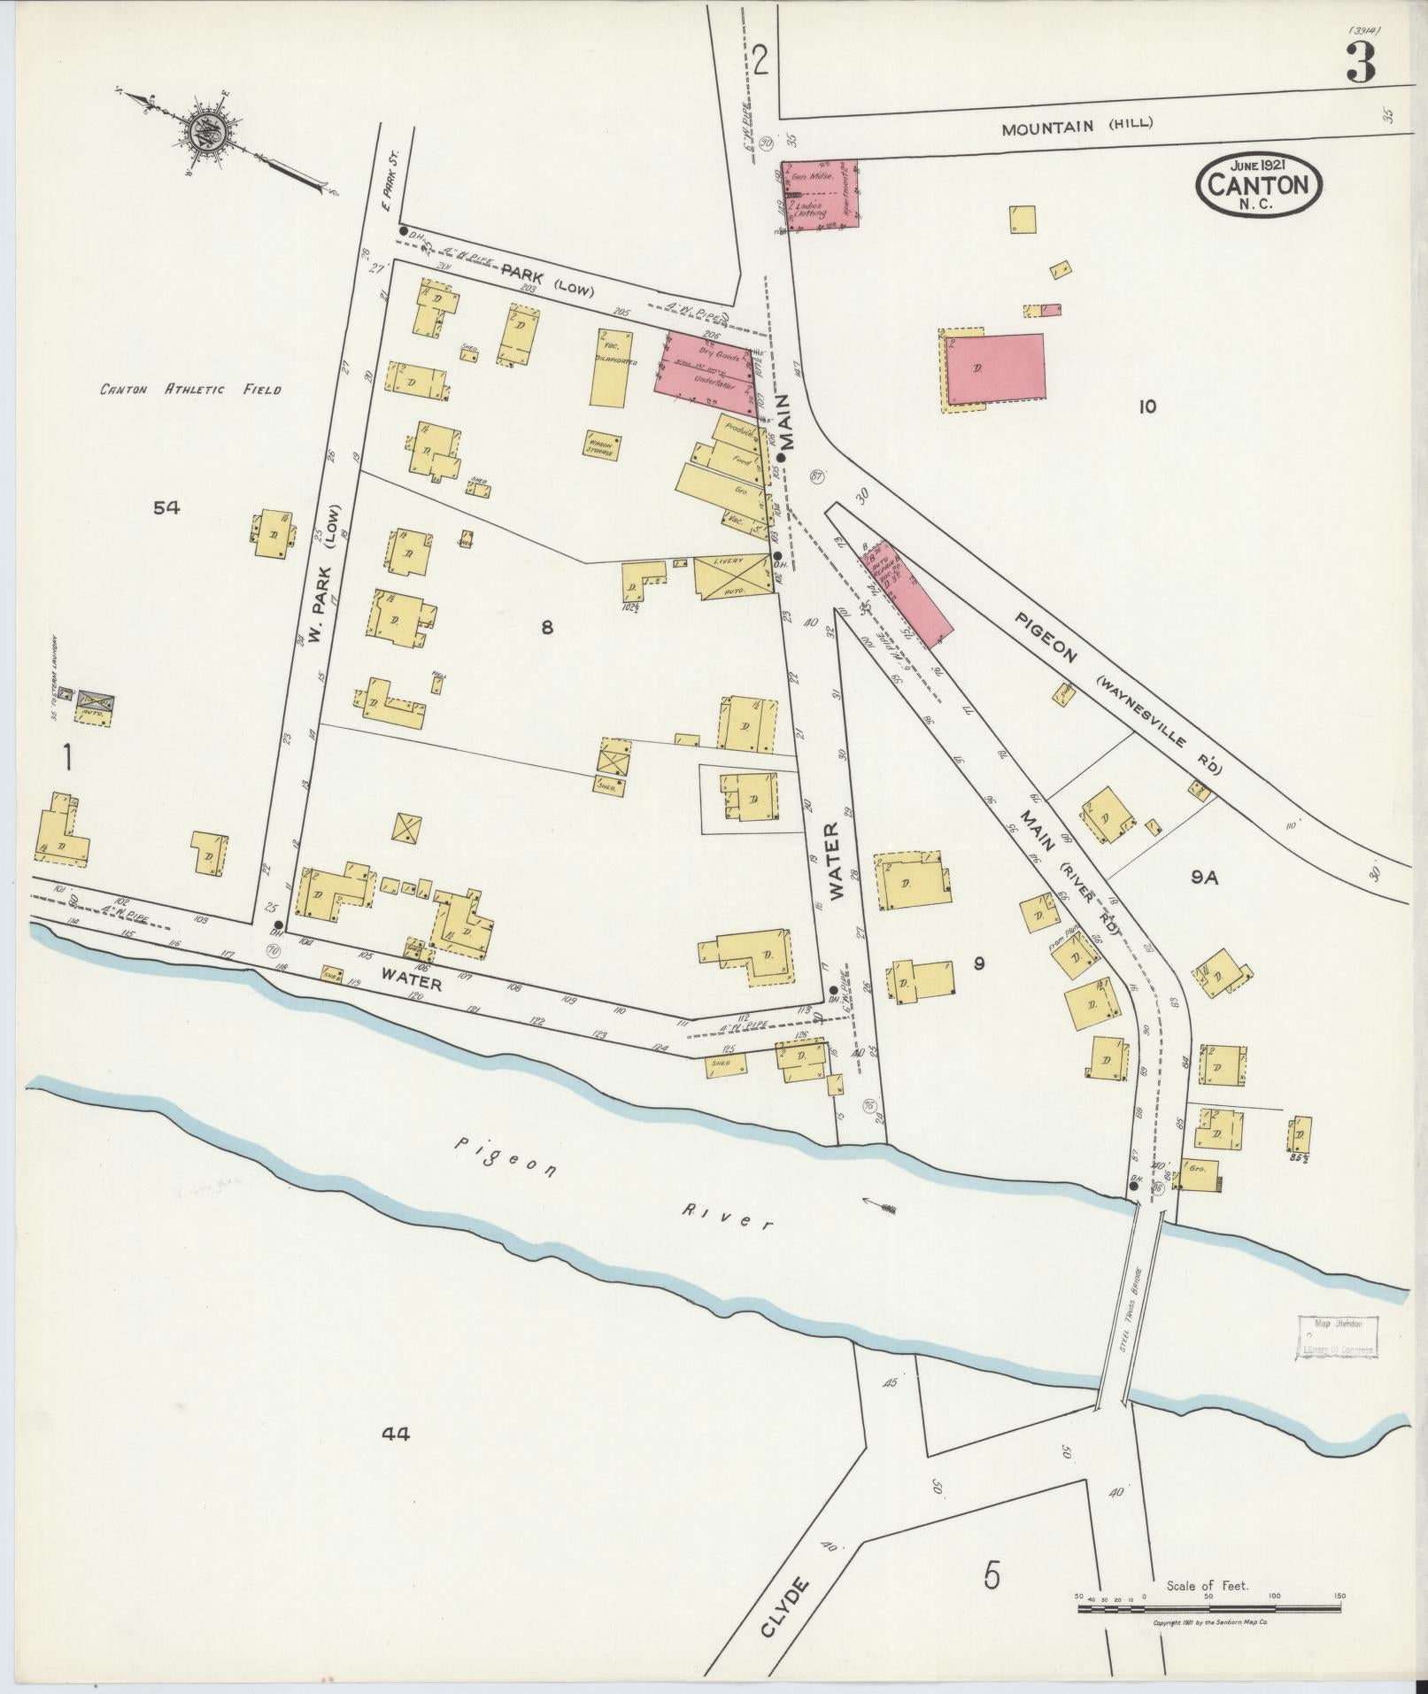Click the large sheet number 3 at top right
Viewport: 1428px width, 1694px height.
1361,62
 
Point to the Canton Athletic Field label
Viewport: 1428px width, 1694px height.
190,390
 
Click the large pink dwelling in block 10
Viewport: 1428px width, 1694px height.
995,368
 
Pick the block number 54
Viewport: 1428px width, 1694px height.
166,507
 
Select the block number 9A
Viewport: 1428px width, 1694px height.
1205,877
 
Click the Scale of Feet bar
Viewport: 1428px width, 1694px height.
1208,1606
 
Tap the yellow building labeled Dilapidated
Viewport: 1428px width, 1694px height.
612,369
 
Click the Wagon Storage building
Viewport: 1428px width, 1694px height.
600,445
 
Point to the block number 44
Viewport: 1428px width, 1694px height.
394,1434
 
